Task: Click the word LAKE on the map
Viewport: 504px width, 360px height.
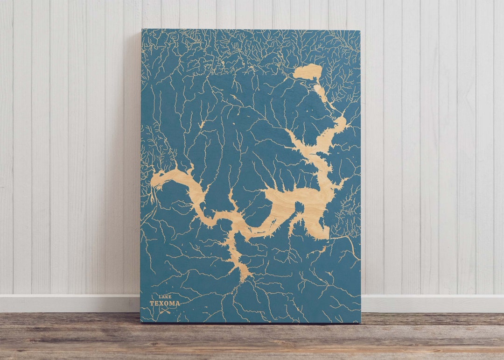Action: pos(165,296)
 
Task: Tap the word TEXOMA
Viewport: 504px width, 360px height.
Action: pos(164,303)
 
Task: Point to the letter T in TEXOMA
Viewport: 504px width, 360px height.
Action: pos(152,303)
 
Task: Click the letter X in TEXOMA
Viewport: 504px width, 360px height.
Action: pos(161,303)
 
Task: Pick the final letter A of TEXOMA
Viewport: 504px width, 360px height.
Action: pos(177,303)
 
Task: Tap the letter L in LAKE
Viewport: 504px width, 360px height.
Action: pos(160,296)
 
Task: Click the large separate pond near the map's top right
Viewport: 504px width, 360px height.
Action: pos(308,72)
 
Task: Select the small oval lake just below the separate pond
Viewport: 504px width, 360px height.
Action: pos(320,92)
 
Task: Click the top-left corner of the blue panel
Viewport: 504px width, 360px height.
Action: pos(142,30)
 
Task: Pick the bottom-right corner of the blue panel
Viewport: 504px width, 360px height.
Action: pos(360,322)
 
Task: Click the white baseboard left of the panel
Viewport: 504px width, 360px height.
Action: pos(70,304)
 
